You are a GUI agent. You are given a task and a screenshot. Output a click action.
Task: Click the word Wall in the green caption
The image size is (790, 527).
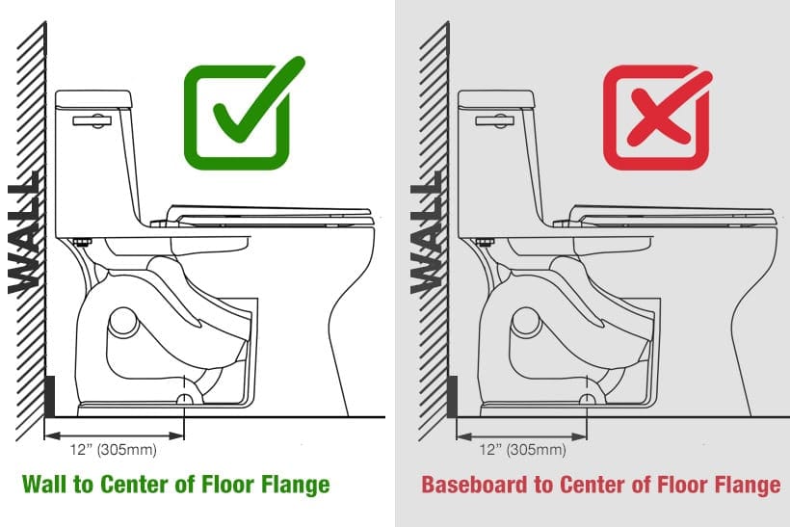coord(44,485)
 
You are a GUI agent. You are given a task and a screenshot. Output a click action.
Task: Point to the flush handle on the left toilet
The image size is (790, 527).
coord(91,122)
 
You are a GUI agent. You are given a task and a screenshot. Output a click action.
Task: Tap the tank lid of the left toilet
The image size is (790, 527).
coord(93,98)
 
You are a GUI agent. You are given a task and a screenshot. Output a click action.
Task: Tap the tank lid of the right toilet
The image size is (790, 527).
coord(496,98)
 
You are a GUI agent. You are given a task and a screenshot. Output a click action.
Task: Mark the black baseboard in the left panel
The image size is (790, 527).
coord(49,395)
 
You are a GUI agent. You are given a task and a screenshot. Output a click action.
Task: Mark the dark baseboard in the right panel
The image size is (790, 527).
coord(452,395)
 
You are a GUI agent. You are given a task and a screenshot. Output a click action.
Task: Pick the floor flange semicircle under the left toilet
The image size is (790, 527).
coord(184,399)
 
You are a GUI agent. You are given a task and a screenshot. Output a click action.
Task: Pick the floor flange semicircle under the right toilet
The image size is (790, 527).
coord(587,399)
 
